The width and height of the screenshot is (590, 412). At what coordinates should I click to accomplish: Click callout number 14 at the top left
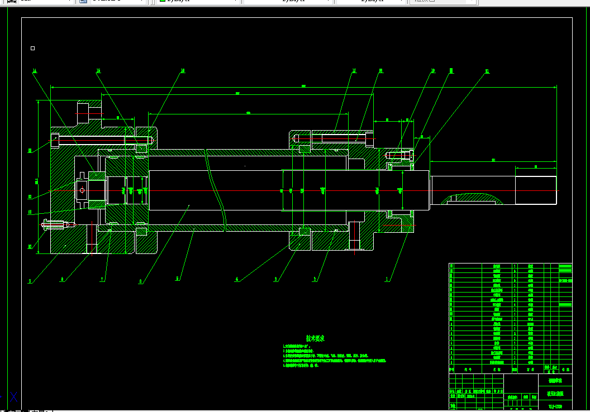point(34,71)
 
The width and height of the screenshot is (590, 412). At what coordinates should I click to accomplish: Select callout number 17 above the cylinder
point(354,71)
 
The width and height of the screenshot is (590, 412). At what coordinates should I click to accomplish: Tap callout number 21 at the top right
point(487,71)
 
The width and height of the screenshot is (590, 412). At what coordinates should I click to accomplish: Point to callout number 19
point(432,71)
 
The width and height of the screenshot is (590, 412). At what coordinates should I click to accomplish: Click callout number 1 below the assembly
point(387,280)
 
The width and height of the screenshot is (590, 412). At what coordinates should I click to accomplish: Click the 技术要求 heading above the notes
point(315,338)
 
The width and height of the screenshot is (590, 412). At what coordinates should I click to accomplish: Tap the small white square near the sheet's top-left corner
point(32,49)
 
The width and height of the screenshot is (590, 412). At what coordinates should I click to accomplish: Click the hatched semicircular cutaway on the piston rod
point(473,198)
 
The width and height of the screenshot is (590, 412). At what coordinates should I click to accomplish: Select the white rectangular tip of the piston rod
point(535,190)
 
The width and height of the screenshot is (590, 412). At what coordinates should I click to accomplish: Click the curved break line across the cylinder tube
point(216,190)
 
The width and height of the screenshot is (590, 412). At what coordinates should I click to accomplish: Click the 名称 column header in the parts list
point(496,369)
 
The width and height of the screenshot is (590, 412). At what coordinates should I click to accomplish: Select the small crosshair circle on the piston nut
point(82,190)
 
